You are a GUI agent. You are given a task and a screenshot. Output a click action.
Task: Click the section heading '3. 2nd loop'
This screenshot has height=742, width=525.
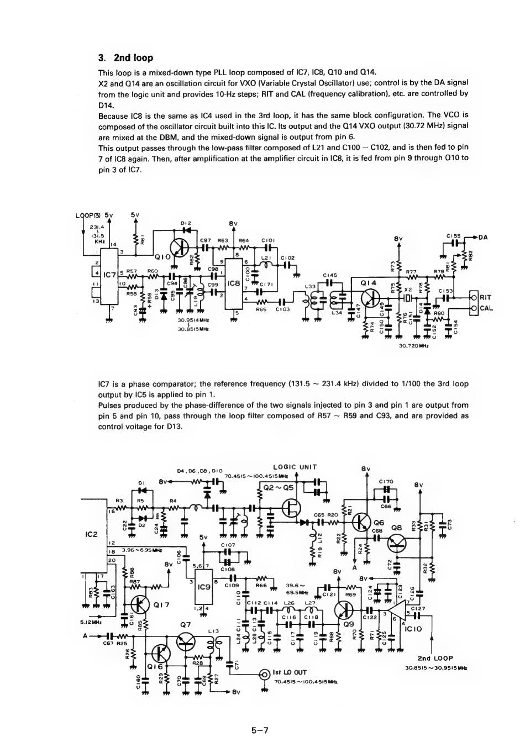[x=125, y=58]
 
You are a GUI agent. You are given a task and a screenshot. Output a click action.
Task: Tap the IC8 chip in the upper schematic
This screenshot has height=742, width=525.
[x=233, y=283]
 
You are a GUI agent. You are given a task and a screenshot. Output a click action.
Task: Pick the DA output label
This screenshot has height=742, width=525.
[x=482, y=238]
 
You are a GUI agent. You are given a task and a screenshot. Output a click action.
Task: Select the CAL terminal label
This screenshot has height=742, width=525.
[x=486, y=308]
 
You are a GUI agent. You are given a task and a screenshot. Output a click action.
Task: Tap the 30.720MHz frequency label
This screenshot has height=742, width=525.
[x=414, y=346]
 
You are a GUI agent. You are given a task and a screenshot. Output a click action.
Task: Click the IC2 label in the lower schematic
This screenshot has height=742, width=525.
[x=91, y=534]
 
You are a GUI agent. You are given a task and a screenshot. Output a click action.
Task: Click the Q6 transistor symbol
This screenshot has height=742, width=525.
[x=362, y=521]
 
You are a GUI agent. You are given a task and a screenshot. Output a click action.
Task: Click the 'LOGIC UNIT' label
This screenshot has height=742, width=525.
[x=295, y=467]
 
